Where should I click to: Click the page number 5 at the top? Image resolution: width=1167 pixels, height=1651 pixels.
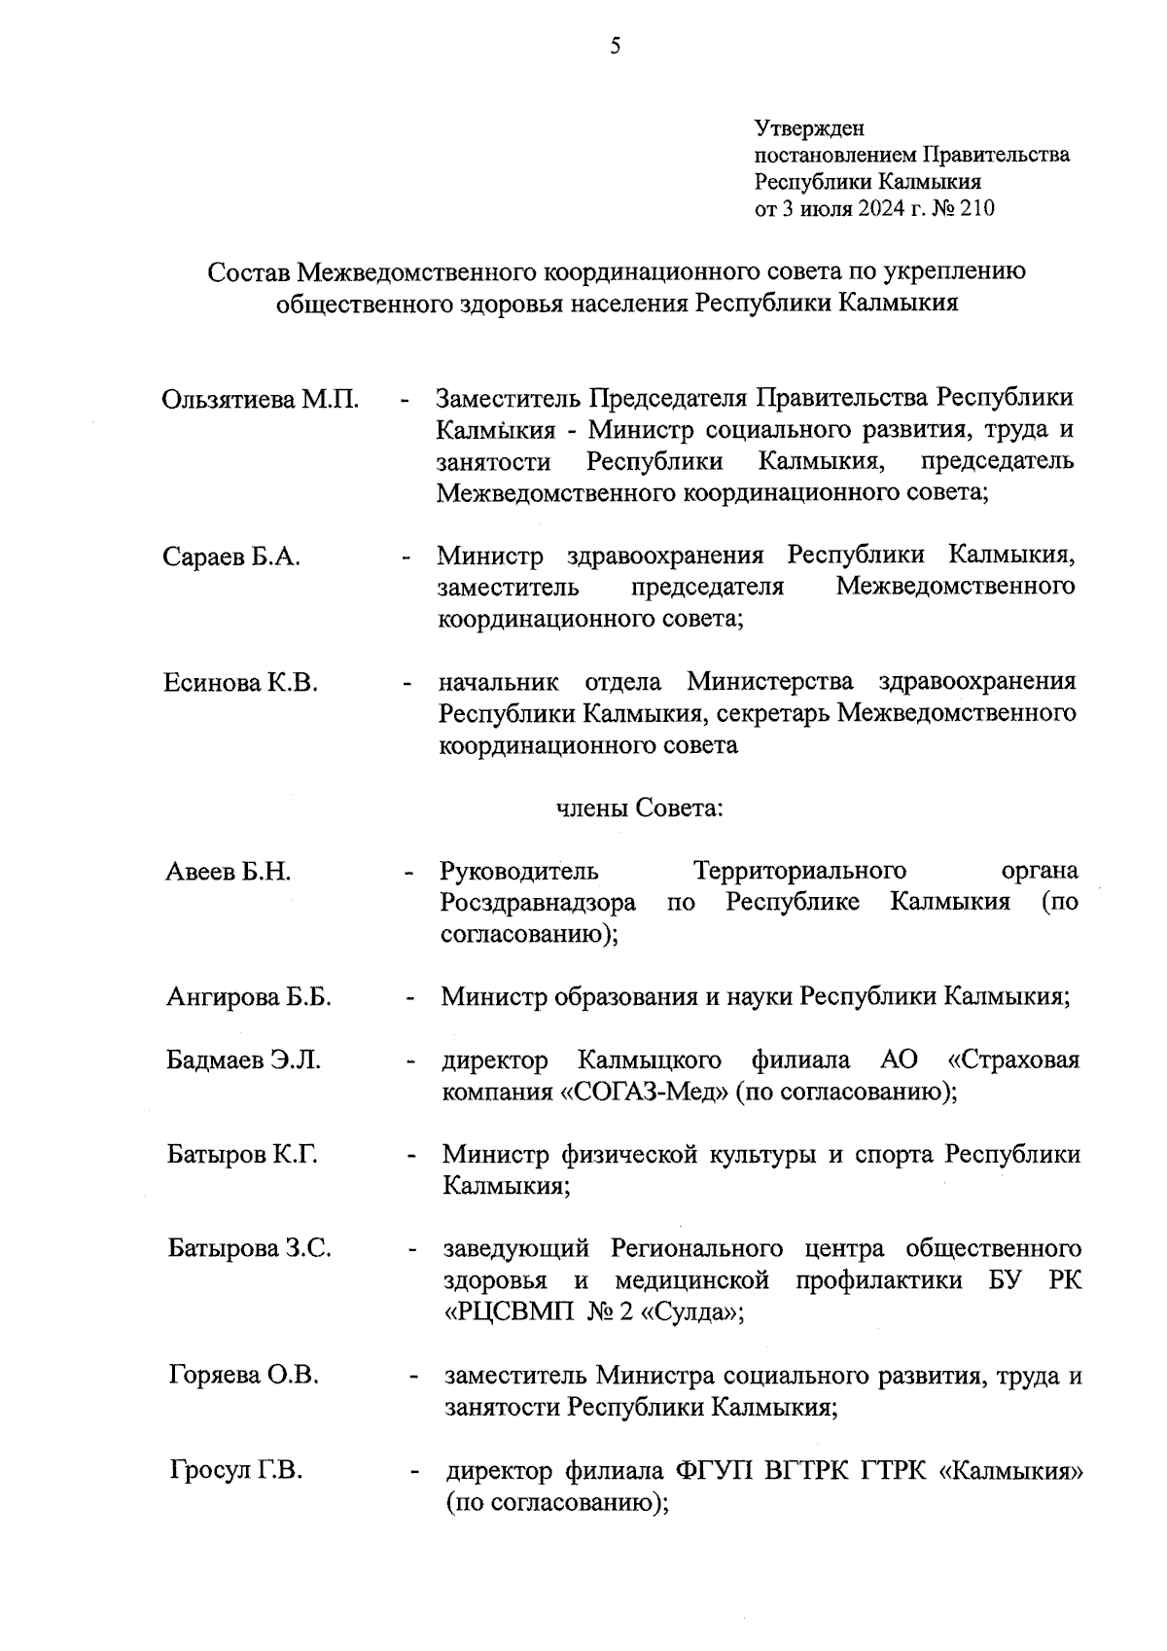(615, 46)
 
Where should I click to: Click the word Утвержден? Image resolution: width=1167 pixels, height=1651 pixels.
(809, 128)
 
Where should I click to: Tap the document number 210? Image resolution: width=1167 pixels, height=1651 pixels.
(976, 208)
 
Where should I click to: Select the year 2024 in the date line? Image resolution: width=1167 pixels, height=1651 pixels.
(880, 208)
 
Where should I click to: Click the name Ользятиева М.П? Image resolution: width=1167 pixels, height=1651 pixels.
(260, 400)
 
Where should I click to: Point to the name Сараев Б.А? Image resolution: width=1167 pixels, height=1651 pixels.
(231, 556)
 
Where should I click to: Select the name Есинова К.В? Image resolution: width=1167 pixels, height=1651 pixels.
(240, 683)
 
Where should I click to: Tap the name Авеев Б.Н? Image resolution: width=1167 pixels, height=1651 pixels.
(228, 872)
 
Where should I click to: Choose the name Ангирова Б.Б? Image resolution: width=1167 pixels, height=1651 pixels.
(249, 997)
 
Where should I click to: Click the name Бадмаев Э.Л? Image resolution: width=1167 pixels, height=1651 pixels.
(243, 1060)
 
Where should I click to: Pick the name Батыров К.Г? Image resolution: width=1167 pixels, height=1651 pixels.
(242, 1155)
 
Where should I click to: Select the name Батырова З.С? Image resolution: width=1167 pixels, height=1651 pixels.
(249, 1248)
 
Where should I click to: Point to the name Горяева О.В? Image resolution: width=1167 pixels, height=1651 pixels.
(244, 1376)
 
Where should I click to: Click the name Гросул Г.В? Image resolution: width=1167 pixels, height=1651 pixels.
(235, 1471)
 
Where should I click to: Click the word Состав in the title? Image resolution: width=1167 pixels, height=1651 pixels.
(248, 271)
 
